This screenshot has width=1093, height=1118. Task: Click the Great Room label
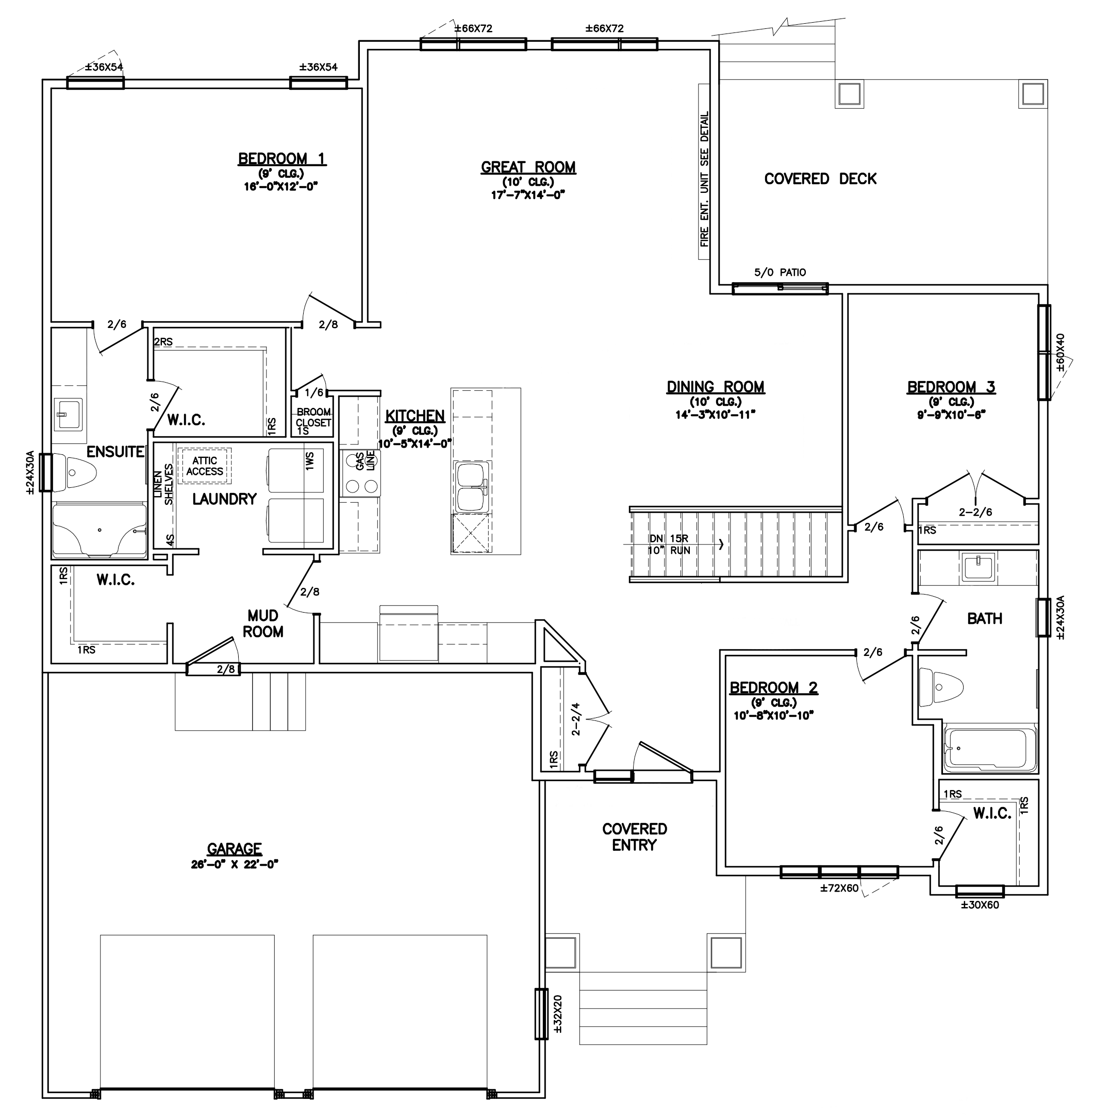[528, 167]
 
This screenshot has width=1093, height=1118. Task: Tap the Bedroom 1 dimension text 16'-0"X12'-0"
[280, 186]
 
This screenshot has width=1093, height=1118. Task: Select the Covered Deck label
[820, 178]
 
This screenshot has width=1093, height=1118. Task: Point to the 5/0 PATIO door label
[780, 272]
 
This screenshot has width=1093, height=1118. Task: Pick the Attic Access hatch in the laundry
[204, 466]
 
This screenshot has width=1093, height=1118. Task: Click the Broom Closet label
[313, 418]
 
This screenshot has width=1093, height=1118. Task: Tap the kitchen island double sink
[471, 487]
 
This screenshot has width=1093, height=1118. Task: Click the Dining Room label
[715, 387]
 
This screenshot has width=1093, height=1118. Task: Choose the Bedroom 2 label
[773, 687]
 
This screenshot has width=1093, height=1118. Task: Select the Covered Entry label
[634, 836]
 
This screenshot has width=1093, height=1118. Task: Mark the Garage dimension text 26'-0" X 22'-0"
[234, 864]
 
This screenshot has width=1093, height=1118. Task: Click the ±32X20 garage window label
[557, 1022]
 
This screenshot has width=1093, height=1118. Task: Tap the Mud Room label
[263, 623]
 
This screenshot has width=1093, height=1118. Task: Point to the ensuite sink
[68, 414]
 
